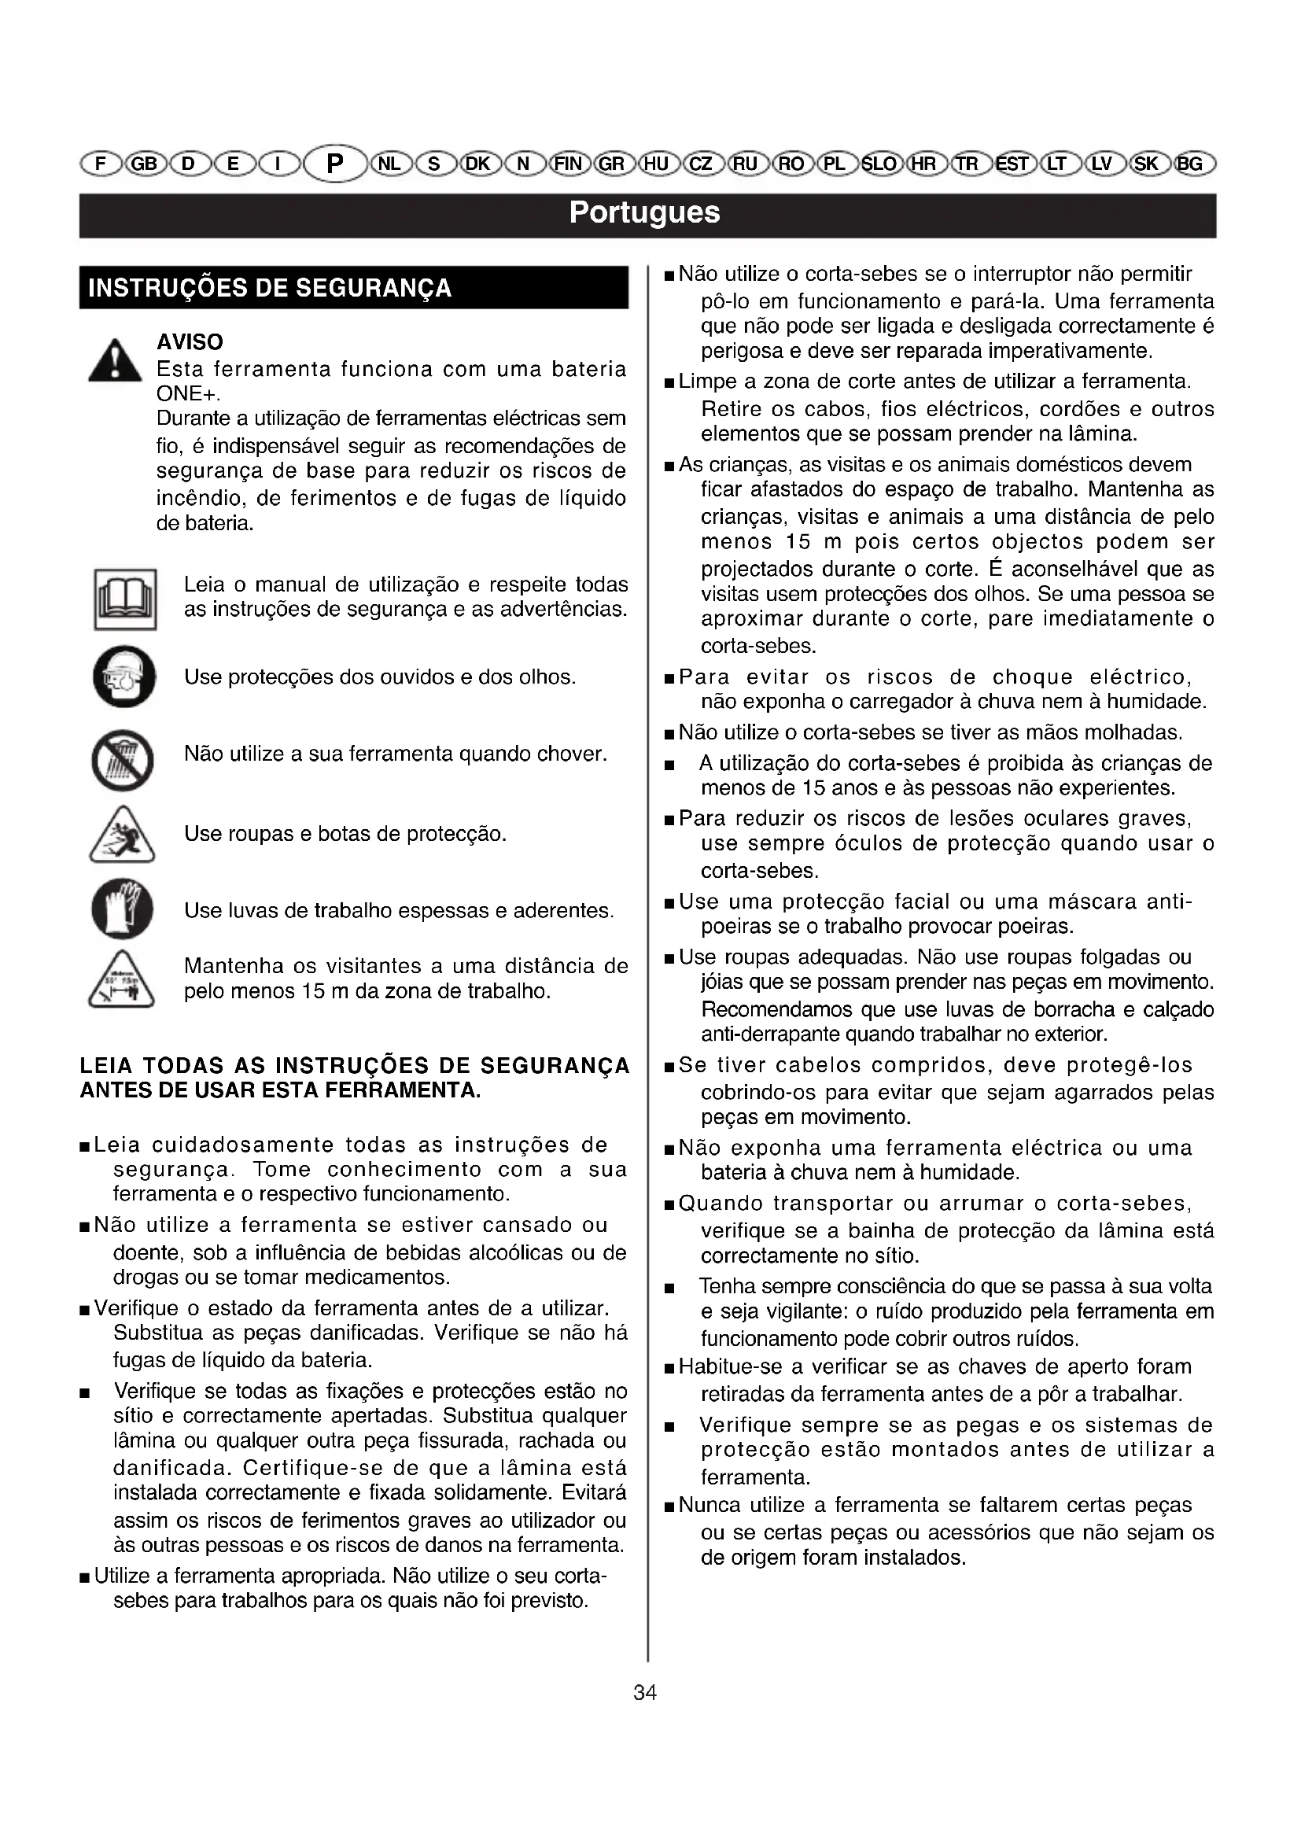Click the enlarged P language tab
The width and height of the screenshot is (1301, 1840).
click(x=335, y=164)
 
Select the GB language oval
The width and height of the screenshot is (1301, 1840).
click(x=144, y=164)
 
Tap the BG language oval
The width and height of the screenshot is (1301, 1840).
click(x=1190, y=164)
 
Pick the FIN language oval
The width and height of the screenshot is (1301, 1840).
click(x=568, y=164)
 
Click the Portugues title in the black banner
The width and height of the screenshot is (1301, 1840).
click(x=645, y=213)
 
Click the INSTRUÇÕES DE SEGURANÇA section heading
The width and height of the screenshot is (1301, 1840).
click(x=270, y=289)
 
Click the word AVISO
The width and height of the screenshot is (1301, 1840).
click(x=190, y=342)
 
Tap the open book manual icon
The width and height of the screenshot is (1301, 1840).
click(x=125, y=599)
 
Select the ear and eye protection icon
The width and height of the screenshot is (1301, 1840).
click(x=124, y=677)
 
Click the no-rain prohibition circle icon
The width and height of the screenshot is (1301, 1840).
click(x=123, y=760)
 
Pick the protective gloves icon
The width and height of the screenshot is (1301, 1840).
click(x=123, y=909)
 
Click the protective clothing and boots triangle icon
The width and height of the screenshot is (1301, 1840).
click(x=122, y=836)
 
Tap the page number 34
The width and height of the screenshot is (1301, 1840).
click(x=645, y=1693)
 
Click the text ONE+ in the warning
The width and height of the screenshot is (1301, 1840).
click(x=187, y=394)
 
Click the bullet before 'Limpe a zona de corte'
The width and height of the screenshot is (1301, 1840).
click(x=669, y=383)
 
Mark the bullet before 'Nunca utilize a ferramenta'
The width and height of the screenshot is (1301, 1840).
click(x=669, y=1507)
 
